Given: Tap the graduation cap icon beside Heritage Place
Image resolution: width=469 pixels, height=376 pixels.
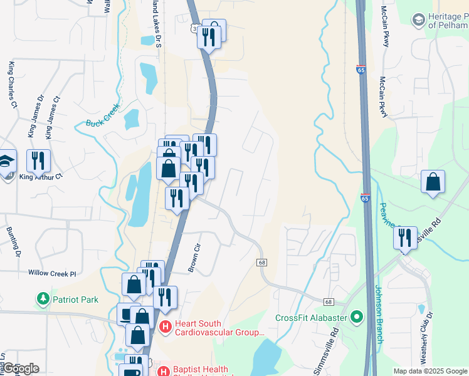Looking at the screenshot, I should coord(418,20).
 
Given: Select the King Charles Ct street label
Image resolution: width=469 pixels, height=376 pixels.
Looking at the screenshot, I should coord(12,85).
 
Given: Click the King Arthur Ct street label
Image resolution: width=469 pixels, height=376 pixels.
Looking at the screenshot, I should coord(41,177).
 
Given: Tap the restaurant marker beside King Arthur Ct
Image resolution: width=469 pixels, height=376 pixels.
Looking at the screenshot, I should coord(39,161).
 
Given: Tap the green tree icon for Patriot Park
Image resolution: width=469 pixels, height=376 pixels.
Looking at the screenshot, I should coord(43,299).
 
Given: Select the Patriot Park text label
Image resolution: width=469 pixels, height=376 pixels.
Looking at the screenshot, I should coord(75,300).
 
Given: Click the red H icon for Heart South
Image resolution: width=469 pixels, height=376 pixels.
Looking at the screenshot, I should coord(166,326).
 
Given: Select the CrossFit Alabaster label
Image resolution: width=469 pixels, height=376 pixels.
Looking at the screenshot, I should coord(311,317).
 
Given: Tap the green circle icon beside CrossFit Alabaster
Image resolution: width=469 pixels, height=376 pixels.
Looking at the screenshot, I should coord(357,317).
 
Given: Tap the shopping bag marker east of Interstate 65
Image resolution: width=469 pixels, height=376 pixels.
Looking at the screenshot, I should coord(433,182).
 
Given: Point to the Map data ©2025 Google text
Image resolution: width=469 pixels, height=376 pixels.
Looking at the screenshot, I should coord(430,371).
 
